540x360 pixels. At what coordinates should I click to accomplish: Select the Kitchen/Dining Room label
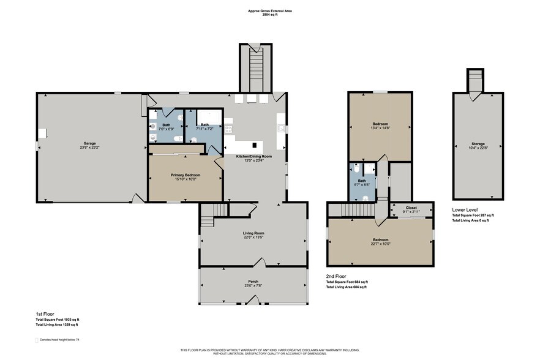click(253, 156)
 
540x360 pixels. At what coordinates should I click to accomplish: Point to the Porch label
click(253, 282)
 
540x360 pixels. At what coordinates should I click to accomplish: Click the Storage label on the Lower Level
click(478, 144)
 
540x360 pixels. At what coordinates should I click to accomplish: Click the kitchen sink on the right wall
click(282, 129)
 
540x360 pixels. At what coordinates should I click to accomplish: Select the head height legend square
click(37, 339)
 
